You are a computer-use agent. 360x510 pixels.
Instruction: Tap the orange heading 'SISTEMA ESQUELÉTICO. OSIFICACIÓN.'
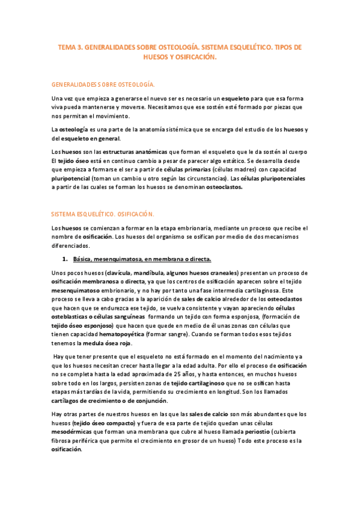[103, 214]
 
